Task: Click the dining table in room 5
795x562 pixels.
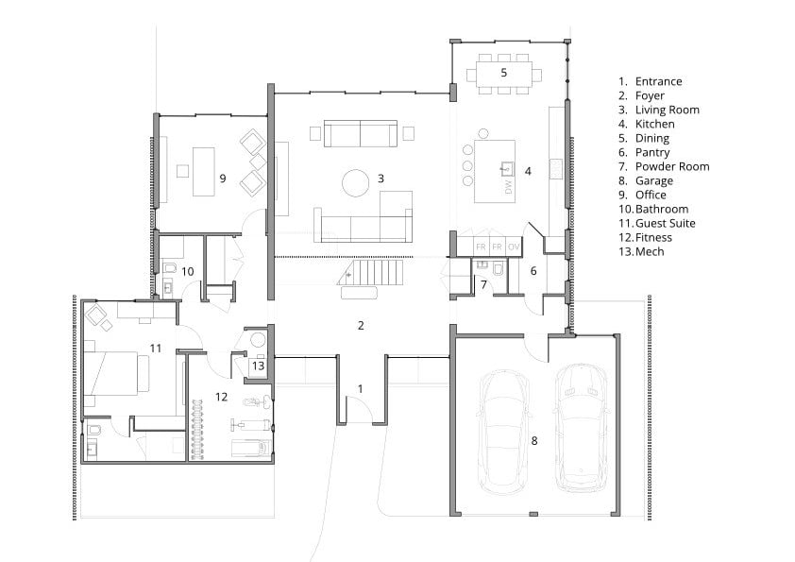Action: [x=503, y=74]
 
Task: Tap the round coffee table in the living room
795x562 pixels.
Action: [x=355, y=183]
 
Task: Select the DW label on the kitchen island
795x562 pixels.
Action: [x=509, y=187]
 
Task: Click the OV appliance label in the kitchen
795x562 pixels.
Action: [x=514, y=247]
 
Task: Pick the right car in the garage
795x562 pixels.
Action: [x=581, y=428]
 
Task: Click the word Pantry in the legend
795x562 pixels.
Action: [x=652, y=152]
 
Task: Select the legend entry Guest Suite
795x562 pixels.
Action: [x=666, y=223]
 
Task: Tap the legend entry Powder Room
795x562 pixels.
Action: [x=672, y=166]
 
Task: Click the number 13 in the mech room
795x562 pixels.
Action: [x=258, y=366]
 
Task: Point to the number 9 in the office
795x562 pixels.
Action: [x=223, y=178]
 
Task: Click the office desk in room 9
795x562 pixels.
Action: [x=203, y=172]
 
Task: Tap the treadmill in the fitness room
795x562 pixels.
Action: [x=251, y=449]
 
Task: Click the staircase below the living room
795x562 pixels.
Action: [x=370, y=273]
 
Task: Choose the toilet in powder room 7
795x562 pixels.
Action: [x=499, y=268]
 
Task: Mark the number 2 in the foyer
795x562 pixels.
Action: [x=361, y=325]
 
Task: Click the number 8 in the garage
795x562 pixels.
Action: [x=534, y=441]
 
